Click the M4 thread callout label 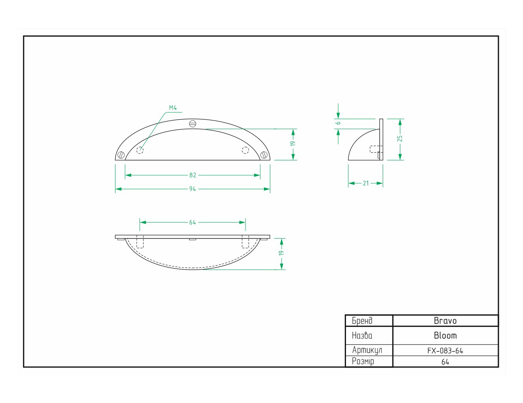pyautogui.click(x=173, y=108)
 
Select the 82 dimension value pyautogui.click(x=193, y=175)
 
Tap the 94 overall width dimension pyautogui.click(x=193, y=189)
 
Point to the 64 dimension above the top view pyautogui.click(x=193, y=222)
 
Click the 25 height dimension pyautogui.click(x=400, y=139)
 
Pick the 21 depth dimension pyautogui.click(x=366, y=183)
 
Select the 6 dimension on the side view pyautogui.click(x=338, y=123)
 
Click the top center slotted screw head pyautogui.click(x=193, y=124)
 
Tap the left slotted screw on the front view pyautogui.click(x=121, y=154)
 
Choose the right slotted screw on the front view pyautogui.click(x=264, y=154)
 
